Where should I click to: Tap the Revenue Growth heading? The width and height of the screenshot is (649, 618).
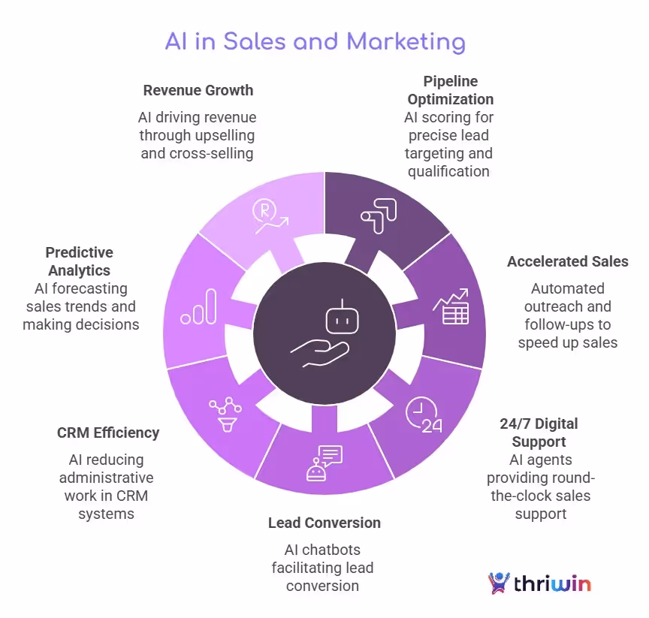tap(198, 90)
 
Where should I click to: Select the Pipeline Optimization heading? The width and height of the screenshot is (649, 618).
tap(451, 90)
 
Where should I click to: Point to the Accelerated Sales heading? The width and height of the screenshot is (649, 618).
tap(568, 261)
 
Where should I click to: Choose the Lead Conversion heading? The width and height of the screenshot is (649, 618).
tap(324, 523)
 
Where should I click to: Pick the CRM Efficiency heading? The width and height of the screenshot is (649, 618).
tap(108, 433)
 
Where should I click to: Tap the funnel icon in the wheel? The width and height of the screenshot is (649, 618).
tap(225, 414)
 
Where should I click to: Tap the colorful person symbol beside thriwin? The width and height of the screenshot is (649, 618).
tap(498, 583)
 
